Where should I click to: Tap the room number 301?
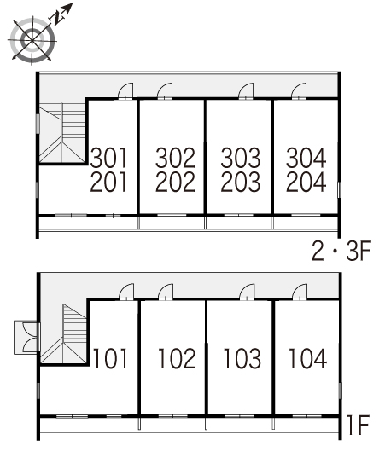(x=108, y=158)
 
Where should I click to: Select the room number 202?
(x=175, y=182)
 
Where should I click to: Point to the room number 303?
(x=241, y=158)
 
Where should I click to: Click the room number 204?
(x=306, y=182)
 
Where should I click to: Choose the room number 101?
(x=110, y=358)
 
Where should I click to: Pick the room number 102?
(x=178, y=358)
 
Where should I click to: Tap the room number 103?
(x=242, y=358)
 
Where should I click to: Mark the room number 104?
(x=307, y=358)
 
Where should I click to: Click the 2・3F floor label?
(x=341, y=251)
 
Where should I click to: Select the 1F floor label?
(x=358, y=425)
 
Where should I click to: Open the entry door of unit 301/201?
(x=125, y=91)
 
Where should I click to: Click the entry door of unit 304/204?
(x=299, y=91)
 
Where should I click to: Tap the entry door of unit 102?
(x=166, y=293)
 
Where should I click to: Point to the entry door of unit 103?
(x=247, y=293)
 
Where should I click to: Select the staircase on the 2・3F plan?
(x=62, y=132)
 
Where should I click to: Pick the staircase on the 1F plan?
(x=63, y=333)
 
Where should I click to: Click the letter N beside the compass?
(x=57, y=19)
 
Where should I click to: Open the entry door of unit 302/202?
(x=165, y=91)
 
